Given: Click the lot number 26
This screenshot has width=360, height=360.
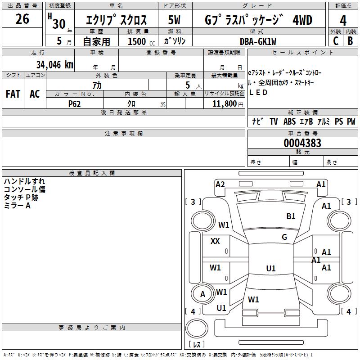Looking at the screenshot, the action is (x=22, y=19).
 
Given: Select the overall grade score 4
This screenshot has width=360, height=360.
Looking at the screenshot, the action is (x=343, y=21).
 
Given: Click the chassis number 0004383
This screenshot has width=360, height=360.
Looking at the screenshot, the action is (x=302, y=143).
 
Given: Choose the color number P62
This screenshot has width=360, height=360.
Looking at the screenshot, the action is (x=75, y=103).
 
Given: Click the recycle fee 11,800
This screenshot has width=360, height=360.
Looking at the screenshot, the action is (x=223, y=103).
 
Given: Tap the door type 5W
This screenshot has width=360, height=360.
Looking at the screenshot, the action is (x=175, y=20).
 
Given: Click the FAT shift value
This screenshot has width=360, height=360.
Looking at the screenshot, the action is (x=13, y=94).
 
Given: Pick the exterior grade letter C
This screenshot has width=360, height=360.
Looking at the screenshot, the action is (x=335, y=41).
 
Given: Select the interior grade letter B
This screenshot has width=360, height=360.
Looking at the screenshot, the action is (x=350, y=41).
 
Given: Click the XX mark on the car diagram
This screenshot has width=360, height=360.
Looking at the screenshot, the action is (x=215, y=241).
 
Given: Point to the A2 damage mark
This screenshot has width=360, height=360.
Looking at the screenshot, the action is (x=220, y=184).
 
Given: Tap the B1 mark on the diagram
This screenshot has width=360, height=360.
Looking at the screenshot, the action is (x=291, y=216).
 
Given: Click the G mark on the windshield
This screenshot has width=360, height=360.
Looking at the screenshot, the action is (x=284, y=237).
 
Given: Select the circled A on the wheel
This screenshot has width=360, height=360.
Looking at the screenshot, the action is (x=202, y=294).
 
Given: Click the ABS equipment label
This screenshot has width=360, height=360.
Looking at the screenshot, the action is (x=290, y=121).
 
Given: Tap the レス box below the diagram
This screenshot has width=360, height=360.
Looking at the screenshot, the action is (x=196, y=345).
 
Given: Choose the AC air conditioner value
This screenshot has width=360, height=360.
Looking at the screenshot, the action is (x=35, y=94).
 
